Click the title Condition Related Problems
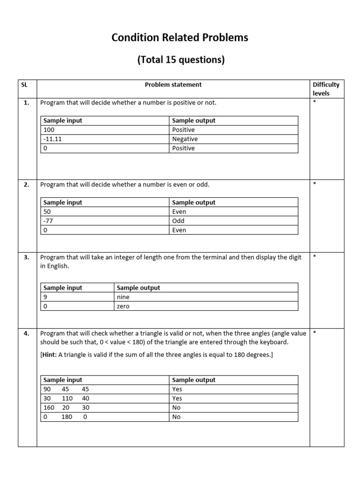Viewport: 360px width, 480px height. click(180, 38)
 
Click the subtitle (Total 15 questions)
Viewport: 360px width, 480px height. click(180, 60)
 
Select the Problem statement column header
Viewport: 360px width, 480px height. click(173, 85)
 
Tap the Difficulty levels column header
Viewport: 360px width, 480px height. click(326, 89)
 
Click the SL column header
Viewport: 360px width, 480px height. click(24, 85)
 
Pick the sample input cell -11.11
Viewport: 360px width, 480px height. click(55, 139)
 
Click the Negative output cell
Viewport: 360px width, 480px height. click(185, 139)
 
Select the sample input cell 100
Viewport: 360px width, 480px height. click(49, 130)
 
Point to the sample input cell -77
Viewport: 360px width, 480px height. click(48, 221)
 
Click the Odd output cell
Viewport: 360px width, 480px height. click(179, 221)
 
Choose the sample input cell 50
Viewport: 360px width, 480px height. click(47, 212)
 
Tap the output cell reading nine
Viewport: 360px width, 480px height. click(123, 297)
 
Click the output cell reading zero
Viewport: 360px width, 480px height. click(123, 307)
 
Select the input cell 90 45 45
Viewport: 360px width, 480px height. click(66, 389)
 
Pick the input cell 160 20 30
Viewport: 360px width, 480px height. click(66, 408)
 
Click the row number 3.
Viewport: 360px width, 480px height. click(27, 257)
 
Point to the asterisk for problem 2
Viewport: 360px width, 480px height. click(314, 184)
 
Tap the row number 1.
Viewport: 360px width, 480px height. click(27, 103)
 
